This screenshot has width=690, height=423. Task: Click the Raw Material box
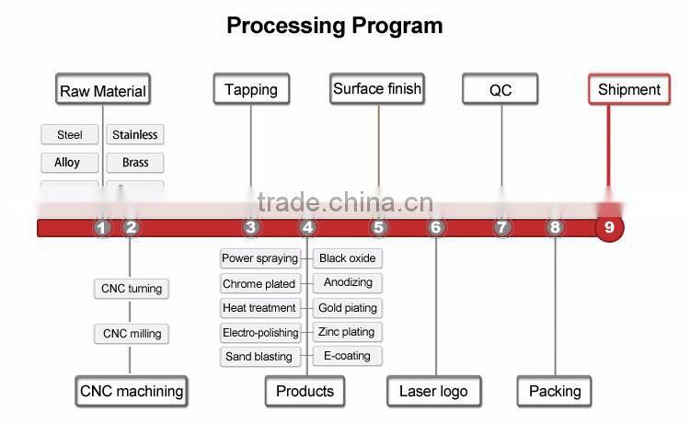[102, 90]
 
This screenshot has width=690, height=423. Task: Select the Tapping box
[251, 89]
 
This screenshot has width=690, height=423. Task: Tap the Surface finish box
[377, 89]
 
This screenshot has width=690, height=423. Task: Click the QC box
[500, 90]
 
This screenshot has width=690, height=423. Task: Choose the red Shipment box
[629, 89]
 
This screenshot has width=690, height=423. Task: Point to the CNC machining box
[131, 391]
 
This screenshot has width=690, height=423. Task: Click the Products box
[305, 391]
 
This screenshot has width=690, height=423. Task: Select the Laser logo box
[433, 391]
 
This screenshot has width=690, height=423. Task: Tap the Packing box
[555, 391]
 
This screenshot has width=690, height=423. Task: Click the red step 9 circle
[609, 227]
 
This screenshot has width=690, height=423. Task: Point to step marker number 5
[379, 227]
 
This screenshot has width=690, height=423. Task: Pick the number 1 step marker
[102, 227]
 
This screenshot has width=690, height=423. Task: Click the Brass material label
[134, 163]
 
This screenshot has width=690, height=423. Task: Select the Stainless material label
[134, 135]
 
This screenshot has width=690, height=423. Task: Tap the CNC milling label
[132, 334]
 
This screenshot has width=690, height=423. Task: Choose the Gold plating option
[347, 308]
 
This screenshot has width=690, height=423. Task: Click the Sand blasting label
[259, 357]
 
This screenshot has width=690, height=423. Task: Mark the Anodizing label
[347, 283]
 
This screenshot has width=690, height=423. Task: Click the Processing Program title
[335, 26]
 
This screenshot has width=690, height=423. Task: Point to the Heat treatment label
[259, 308]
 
